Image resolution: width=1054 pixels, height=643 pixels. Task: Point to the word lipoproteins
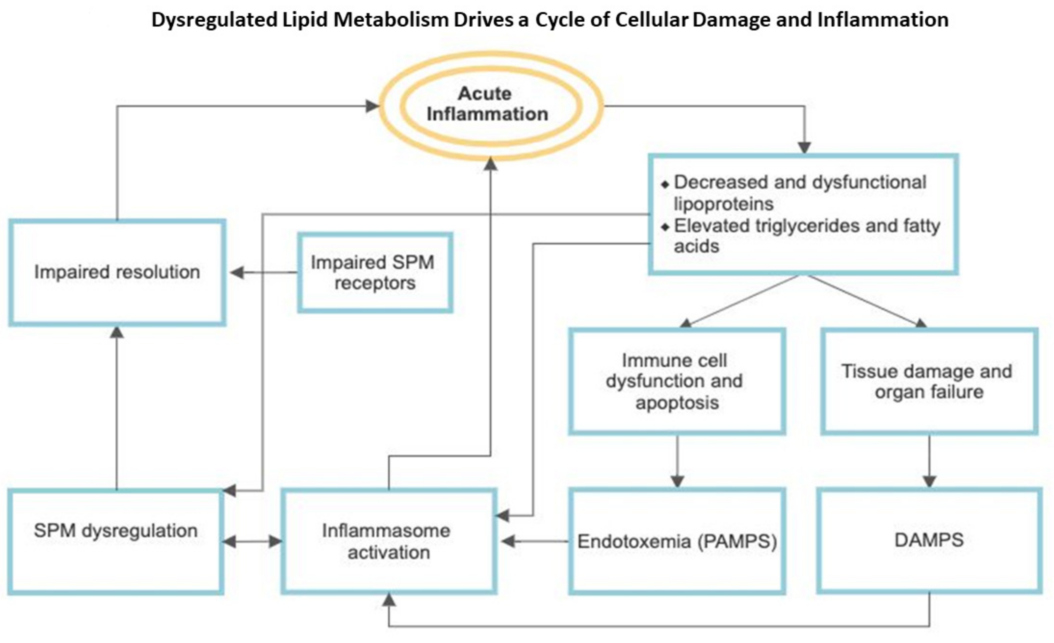724,203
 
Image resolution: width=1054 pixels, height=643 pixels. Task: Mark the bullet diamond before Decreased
665,185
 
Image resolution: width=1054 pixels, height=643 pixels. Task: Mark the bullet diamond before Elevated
665,227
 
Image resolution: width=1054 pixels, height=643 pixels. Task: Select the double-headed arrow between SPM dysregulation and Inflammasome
253,542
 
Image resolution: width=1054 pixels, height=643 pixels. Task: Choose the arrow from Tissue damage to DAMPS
929,461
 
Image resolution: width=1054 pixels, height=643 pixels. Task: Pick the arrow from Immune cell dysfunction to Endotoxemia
677,461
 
